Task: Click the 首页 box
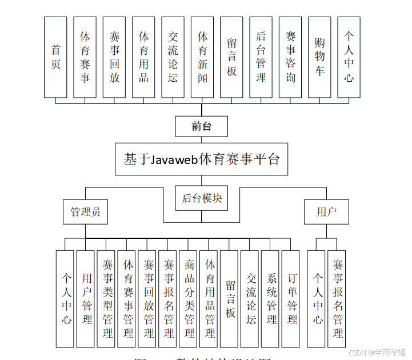click(55, 57)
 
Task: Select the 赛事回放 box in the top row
click(114, 57)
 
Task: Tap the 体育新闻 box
click(202, 57)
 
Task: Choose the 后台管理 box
click(261, 57)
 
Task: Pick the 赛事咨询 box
click(290, 57)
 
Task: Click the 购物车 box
click(319, 57)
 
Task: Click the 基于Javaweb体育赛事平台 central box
click(202, 159)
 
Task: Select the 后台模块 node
click(202, 198)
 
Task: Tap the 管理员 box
click(86, 212)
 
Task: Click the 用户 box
click(326, 212)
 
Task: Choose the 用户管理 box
click(87, 299)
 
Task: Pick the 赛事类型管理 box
click(107, 299)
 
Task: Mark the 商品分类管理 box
click(190, 299)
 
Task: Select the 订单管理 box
click(292, 299)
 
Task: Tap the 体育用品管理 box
click(210, 299)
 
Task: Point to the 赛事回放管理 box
click(149, 299)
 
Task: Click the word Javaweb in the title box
click(174, 159)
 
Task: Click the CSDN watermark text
click(357, 353)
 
